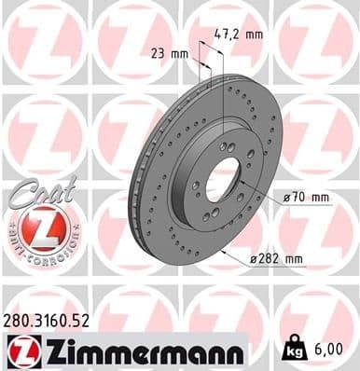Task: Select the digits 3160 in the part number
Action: [58, 321]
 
